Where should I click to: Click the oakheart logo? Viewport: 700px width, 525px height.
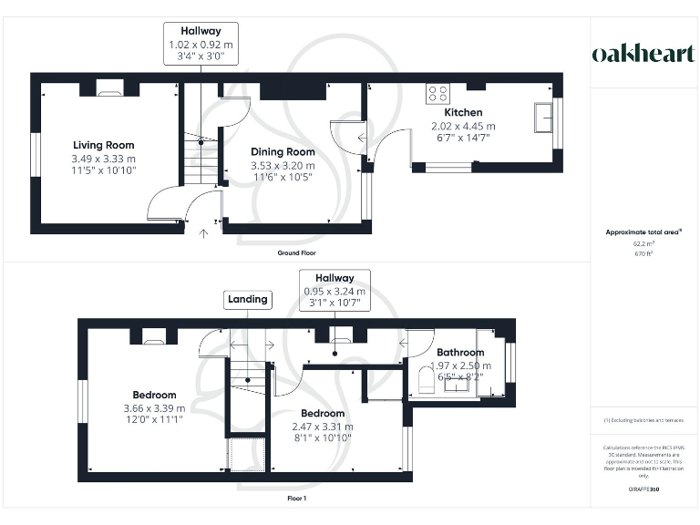pyautogui.click(x=643, y=54)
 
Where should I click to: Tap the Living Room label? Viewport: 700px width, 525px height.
pyautogui.click(x=104, y=145)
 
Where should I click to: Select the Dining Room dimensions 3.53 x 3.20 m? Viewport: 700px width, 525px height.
pyautogui.click(x=283, y=166)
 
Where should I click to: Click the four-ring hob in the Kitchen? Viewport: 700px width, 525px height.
pyautogui.click(x=437, y=94)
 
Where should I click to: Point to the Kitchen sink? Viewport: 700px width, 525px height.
pyautogui.click(x=547, y=117)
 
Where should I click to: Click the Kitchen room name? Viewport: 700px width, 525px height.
pyautogui.click(x=463, y=113)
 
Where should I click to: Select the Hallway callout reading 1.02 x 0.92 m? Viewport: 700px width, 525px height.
pyautogui.click(x=201, y=44)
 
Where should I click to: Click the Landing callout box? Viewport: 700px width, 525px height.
pyautogui.click(x=248, y=299)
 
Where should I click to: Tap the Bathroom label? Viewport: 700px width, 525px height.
pyautogui.click(x=460, y=353)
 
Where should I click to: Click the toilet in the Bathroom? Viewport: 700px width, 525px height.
pyautogui.click(x=424, y=378)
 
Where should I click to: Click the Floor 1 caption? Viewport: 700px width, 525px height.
pyautogui.click(x=296, y=499)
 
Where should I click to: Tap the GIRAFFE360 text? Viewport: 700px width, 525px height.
pyautogui.click(x=643, y=490)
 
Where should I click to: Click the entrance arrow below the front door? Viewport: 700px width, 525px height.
pyautogui.click(x=203, y=232)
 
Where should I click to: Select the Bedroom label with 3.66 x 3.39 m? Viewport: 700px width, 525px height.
pyautogui.click(x=153, y=395)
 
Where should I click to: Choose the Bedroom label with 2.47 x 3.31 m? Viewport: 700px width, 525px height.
pyautogui.click(x=323, y=413)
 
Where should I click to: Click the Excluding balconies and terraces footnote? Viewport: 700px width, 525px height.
pyautogui.click(x=643, y=420)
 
